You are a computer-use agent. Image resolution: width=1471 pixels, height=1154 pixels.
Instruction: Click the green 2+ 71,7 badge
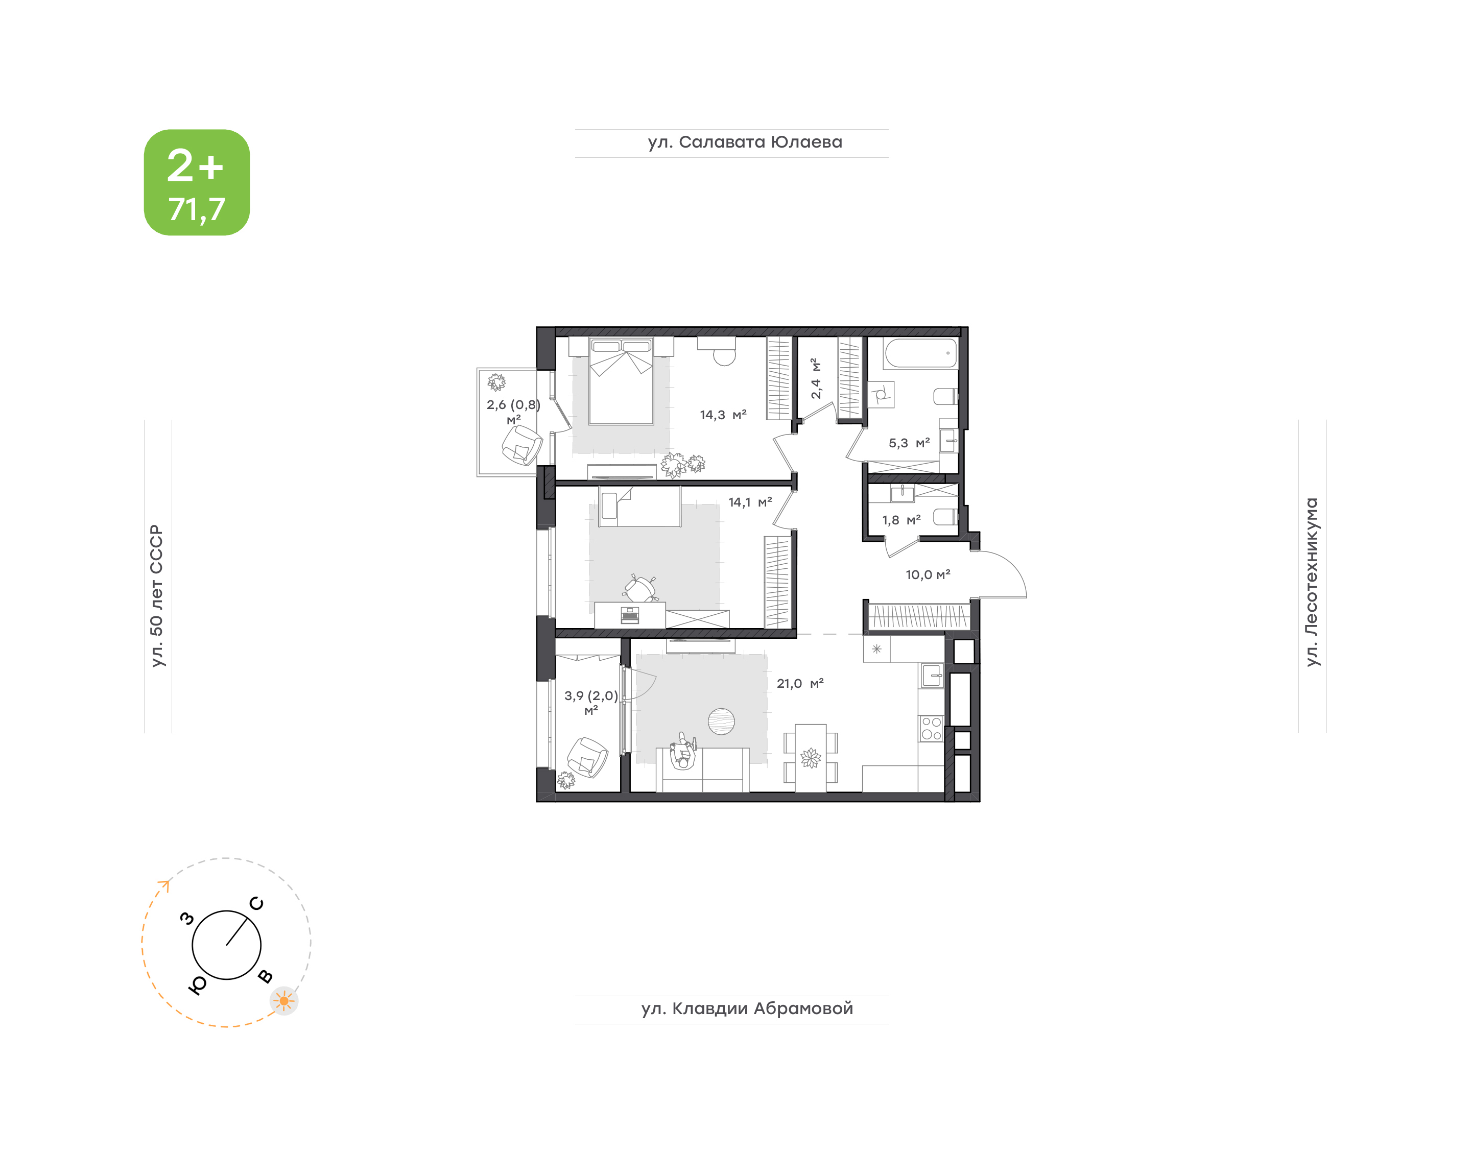(x=197, y=182)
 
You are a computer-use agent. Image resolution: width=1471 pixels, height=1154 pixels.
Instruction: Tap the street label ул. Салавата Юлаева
(x=745, y=142)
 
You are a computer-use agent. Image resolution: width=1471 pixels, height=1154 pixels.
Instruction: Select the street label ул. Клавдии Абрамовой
(x=747, y=1009)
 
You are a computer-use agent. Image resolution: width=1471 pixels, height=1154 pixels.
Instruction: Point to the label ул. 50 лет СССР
(x=157, y=596)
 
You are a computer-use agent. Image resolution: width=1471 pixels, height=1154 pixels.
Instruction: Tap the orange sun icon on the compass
(x=284, y=1001)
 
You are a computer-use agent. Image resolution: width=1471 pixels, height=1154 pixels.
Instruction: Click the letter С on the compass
(x=257, y=903)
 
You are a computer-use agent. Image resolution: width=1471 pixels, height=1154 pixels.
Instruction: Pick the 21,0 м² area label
(x=800, y=684)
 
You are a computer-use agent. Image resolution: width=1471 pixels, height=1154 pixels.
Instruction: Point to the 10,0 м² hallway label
(x=928, y=575)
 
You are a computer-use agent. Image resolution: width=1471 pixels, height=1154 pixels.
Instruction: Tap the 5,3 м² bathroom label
(x=909, y=443)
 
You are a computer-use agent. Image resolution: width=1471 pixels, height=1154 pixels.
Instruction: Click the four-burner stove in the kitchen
(x=932, y=728)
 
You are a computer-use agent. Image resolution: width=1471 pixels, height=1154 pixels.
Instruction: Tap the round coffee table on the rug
(x=721, y=721)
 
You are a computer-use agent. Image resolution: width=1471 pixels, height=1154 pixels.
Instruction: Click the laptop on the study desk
(x=630, y=615)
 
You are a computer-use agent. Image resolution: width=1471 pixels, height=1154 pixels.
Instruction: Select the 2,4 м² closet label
(x=816, y=378)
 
